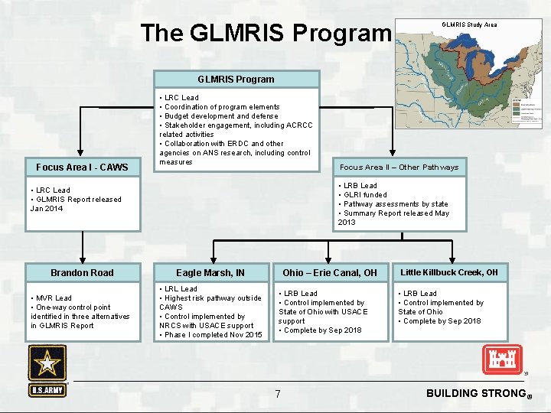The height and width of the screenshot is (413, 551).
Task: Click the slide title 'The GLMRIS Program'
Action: pos(266,33)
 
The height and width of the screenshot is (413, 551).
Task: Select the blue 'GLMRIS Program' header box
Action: pos(236,79)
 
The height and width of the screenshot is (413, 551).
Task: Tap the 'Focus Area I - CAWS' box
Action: pos(82,167)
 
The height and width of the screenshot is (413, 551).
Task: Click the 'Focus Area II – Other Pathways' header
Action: pos(399,167)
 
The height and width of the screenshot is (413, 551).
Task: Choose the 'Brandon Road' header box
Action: pos(82,273)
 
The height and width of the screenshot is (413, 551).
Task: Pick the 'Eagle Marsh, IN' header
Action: pos(210,273)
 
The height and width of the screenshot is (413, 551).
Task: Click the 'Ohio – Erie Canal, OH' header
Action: pos(330,273)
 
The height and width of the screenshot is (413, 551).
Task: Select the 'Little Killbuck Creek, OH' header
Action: pos(449,272)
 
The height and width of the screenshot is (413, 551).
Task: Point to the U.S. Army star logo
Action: pos(47,364)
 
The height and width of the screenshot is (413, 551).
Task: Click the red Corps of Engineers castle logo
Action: pos(501,359)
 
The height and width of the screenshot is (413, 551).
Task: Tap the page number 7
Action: pos(278,394)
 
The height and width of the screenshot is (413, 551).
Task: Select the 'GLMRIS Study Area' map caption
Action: pos(469,24)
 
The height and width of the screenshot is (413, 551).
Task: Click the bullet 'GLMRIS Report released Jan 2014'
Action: pos(76,203)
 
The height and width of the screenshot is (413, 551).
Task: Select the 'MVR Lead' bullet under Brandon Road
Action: pos(53,298)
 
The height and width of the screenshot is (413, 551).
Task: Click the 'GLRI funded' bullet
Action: pos(365,195)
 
